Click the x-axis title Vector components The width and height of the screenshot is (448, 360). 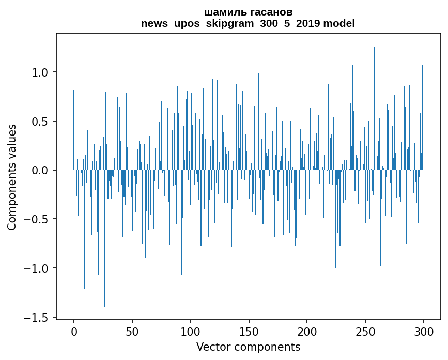coord(248,347)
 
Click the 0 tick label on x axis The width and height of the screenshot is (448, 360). coord(74,331)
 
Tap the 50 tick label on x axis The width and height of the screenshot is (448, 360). coord(132,331)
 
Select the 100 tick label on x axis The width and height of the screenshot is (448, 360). coord(191,331)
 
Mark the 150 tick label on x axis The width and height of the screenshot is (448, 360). coord(249,331)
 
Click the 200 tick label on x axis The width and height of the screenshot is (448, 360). coord(307,331)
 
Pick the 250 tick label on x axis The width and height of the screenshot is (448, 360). coord(365,331)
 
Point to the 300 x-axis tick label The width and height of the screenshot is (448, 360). coord(423,331)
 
